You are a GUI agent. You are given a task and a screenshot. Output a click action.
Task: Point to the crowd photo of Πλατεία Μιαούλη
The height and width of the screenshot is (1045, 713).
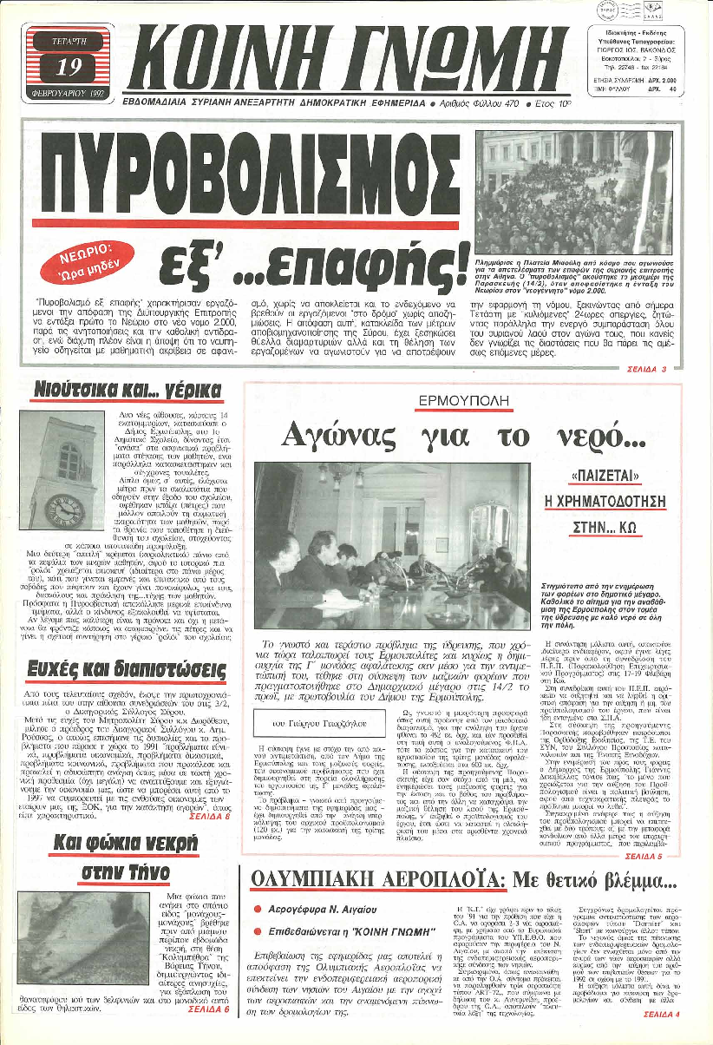tap(573, 192)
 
